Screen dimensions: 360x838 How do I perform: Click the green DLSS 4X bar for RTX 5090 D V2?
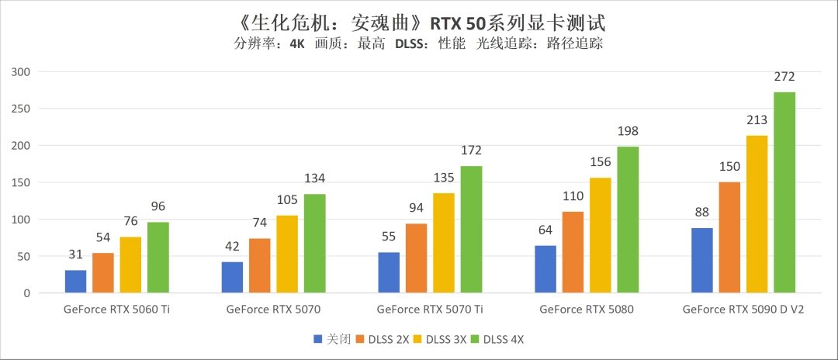(784, 192)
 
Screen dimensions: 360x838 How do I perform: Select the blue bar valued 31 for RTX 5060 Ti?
(75, 282)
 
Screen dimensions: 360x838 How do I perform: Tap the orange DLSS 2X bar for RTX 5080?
(572, 252)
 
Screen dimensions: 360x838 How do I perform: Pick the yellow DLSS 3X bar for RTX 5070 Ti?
(444, 243)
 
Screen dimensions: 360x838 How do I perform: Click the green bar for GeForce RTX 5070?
(314, 244)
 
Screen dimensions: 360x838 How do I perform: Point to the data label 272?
(784, 77)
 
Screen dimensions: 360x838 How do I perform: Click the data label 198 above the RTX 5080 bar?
(628, 131)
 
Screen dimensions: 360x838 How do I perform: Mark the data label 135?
(444, 178)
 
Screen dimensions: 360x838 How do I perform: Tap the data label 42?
(232, 246)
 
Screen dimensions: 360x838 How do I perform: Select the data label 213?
(757, 120)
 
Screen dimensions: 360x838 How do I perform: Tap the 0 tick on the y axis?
(26, 294)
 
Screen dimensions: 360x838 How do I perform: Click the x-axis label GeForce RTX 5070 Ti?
(430, 310)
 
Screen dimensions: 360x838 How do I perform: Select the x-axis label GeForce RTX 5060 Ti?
(116, 310)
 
